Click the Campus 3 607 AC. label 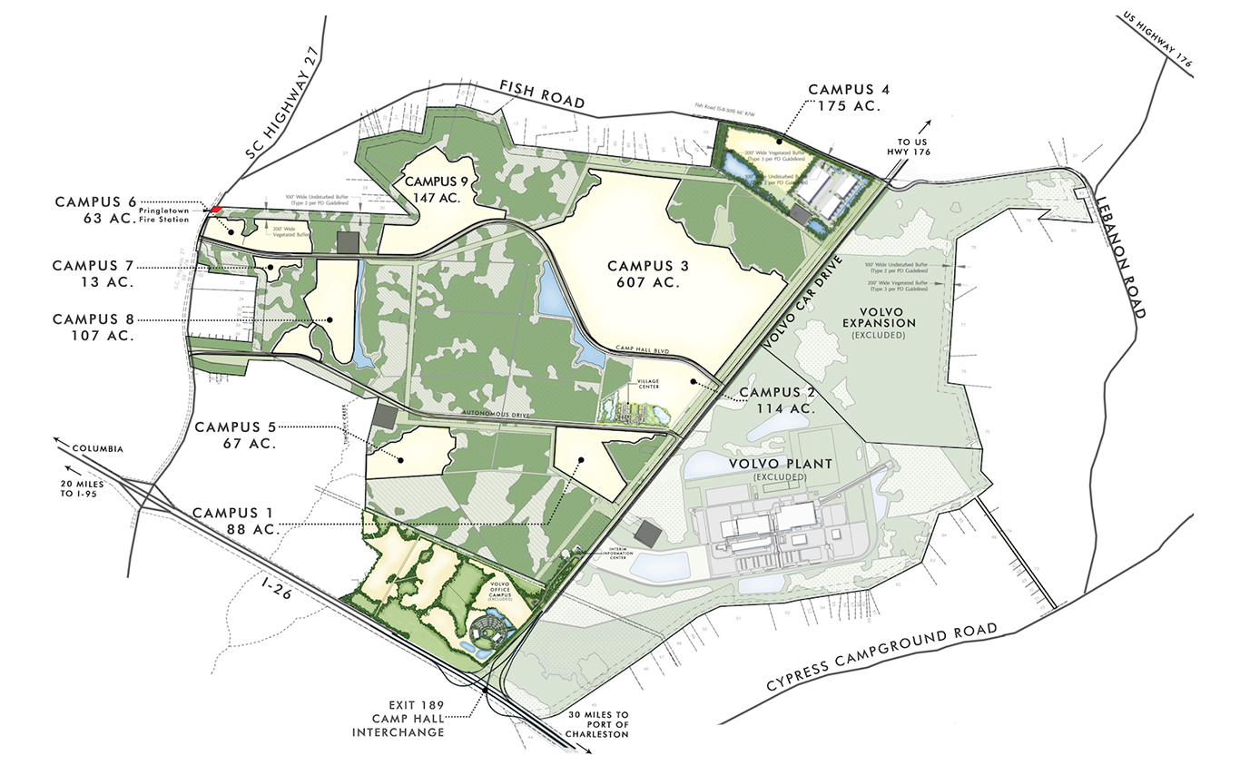pos(648,273)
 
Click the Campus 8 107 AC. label pos(93,327)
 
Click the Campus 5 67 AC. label pos(236,435)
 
